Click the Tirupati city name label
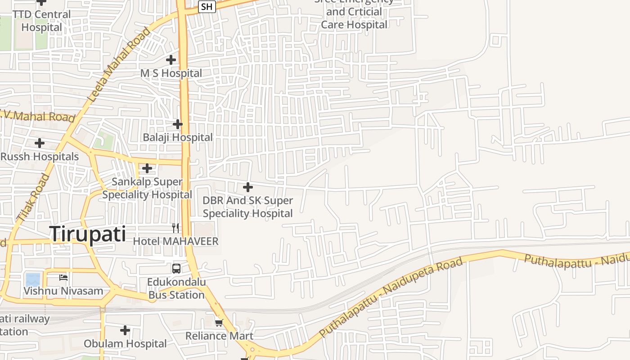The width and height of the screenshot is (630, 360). [x=87, y=234]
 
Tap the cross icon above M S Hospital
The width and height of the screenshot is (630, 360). [x=171, y=59]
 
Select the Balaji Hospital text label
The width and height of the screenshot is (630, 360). [x=178, y=137]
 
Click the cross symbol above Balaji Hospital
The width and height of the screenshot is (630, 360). [x=178, y=124]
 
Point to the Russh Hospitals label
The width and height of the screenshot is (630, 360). [x=40, y=157]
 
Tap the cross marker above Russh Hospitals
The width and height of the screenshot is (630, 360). [x=40, y=143]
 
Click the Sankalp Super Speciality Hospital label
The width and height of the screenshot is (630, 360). [x=147, y=188]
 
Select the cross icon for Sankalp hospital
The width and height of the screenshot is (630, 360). [x=147, y=168]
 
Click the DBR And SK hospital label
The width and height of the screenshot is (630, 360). [x=248, y=207]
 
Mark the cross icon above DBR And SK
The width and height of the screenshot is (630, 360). [x=248, y=187]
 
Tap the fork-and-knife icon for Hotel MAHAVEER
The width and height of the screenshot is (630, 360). [x=175, y=228]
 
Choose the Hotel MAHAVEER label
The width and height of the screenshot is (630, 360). [x=175, y=241]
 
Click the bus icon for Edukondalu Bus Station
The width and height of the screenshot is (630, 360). [x=176, y=269]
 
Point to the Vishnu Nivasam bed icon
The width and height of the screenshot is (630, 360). [x=63, y=277]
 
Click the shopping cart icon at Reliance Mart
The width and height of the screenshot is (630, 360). [x=219, y=323]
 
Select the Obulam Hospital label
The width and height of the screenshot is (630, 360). [x=125, y=344]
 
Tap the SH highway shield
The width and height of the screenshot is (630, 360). [x=207, y=6]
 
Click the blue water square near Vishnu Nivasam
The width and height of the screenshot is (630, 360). [x=33, y=279]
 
